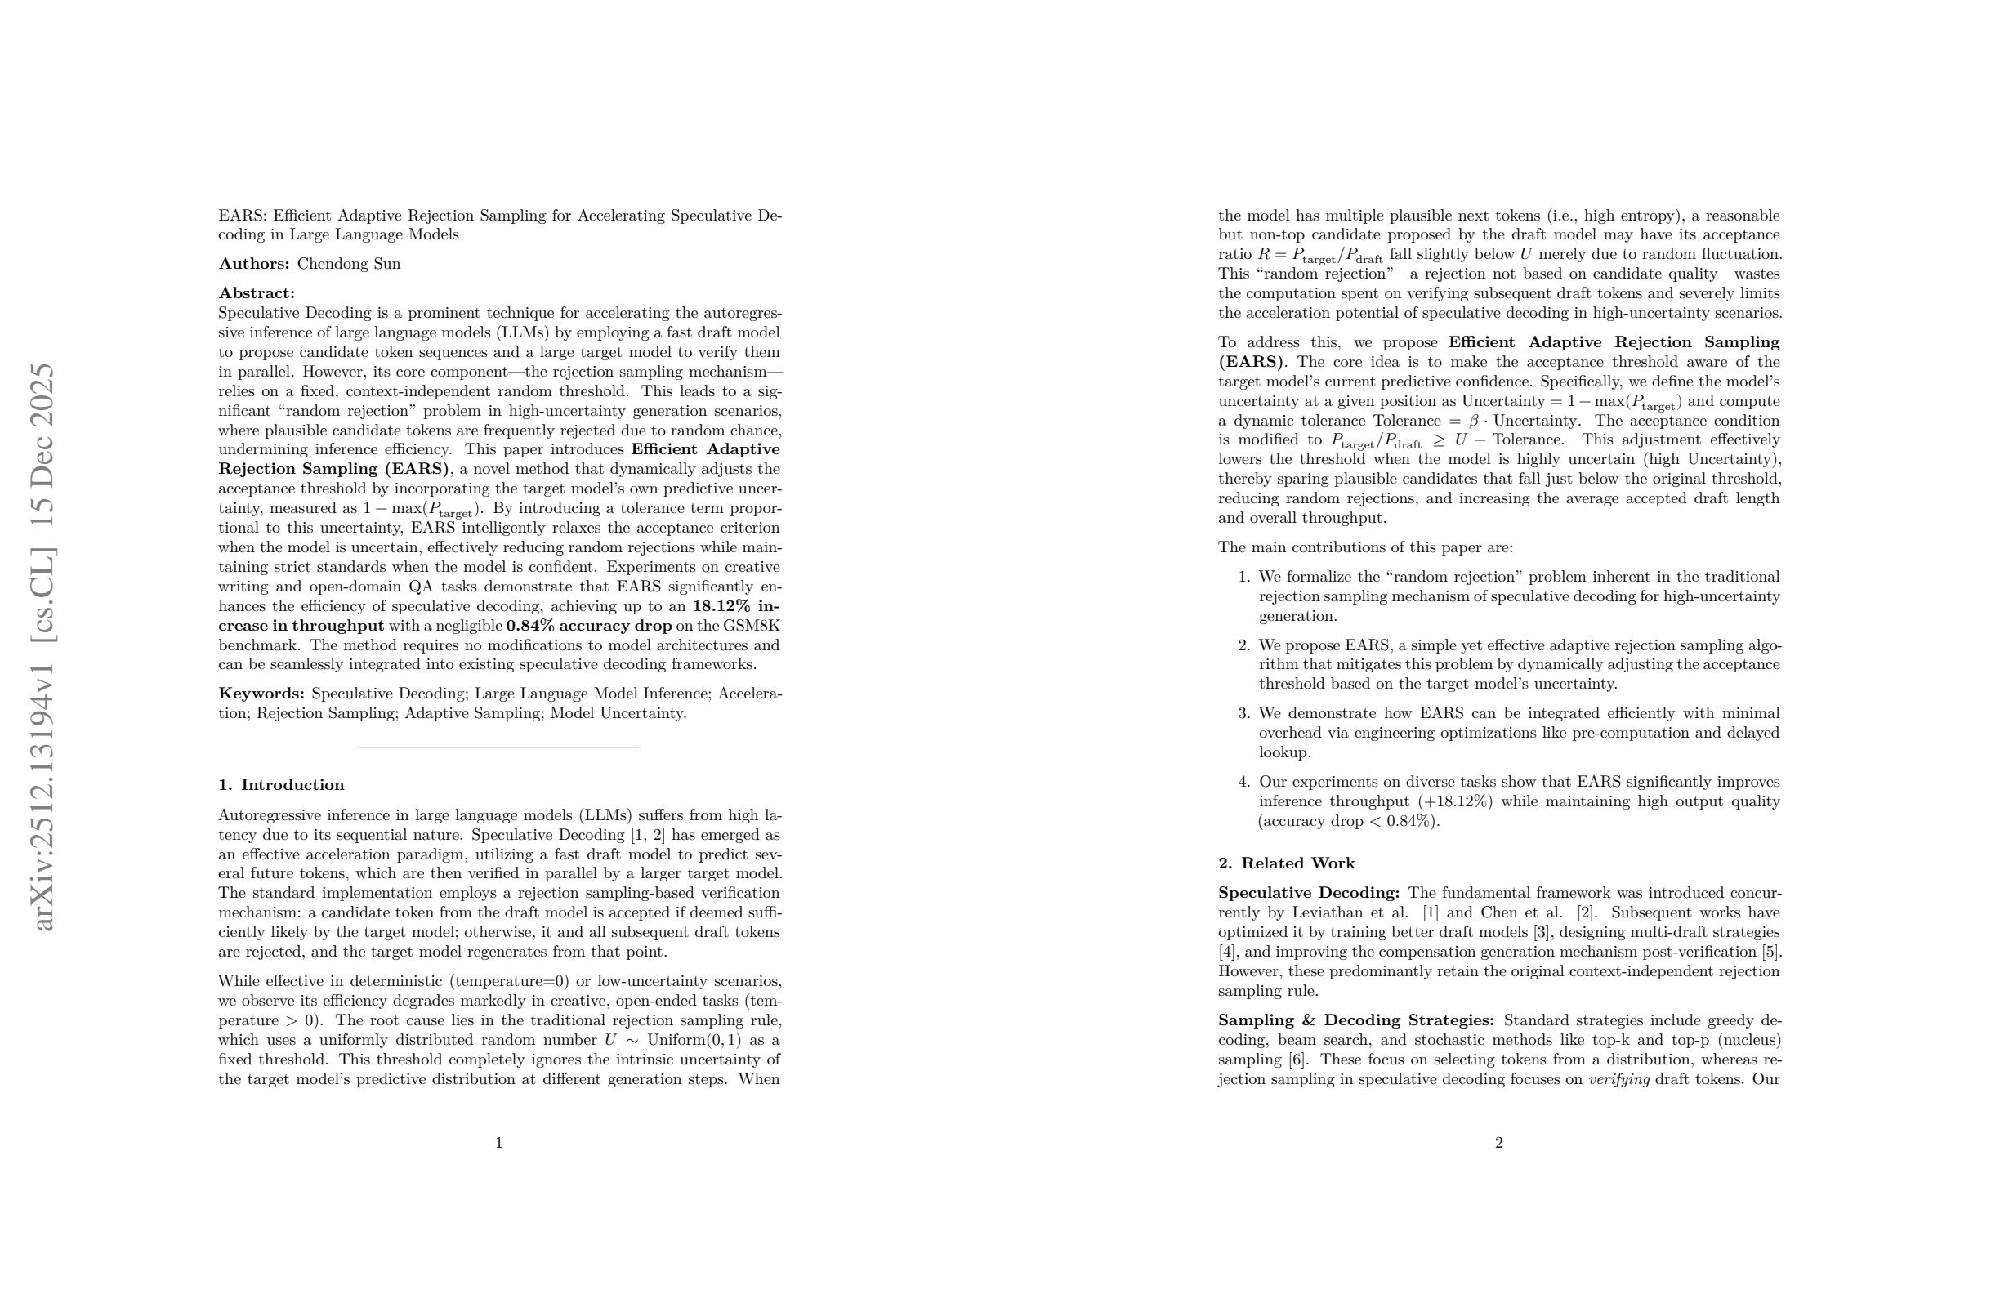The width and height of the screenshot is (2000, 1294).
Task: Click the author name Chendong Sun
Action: point(349,264)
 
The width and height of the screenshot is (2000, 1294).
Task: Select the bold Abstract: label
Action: point(257,293)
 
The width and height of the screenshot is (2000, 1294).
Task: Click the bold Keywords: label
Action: point(261,694)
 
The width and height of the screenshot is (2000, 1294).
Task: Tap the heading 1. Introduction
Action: point(281,785)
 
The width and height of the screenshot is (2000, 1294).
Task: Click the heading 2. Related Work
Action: point(1286,863)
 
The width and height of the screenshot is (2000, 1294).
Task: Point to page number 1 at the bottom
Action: point(499,1143)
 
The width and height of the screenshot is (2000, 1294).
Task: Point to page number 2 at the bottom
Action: point(1499,1143)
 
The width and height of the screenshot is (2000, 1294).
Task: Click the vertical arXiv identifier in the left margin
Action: point(43,647)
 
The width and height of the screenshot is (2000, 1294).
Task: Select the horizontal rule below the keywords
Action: point(499,747)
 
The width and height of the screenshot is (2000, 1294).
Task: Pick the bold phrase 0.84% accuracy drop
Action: point(589,626)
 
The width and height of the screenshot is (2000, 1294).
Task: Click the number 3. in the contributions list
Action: point(1243,713)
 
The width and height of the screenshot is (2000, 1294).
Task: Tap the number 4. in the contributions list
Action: point(1243,783)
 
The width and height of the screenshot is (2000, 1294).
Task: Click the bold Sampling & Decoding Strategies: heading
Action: point(1355,1021)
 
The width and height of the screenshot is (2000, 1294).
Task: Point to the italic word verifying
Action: point(1618,1080)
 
